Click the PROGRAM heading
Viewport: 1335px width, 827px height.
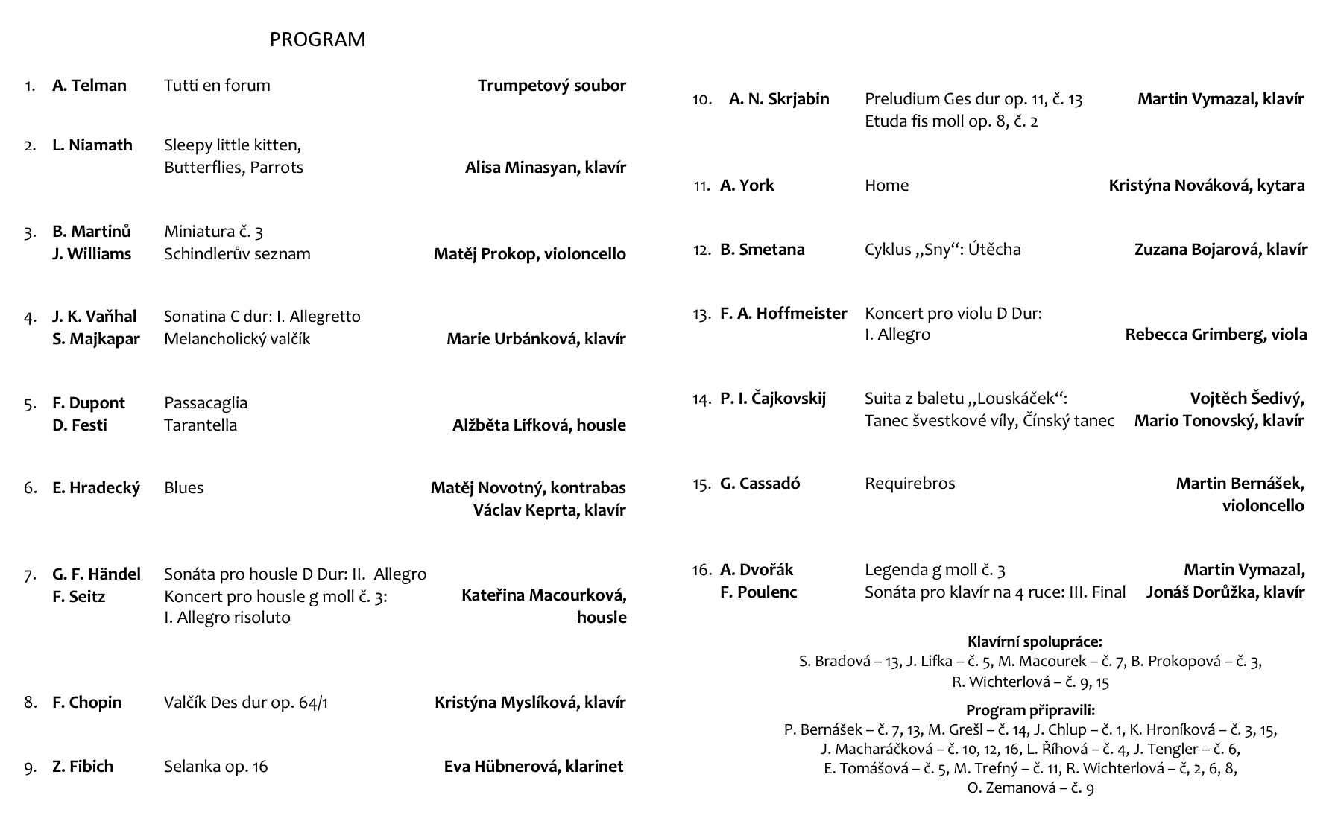click(318, 39)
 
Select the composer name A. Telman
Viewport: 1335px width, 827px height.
click(89, 86)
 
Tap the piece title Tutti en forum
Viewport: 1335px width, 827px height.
click(217, 86)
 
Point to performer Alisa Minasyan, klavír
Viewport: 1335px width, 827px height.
click(545, 168)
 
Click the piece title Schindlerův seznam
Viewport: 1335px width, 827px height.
click(237, 254)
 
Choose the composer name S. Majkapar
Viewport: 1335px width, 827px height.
click(96, 339)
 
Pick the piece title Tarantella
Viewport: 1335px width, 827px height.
click(201, 425)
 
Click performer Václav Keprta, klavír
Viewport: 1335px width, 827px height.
click(549, 510)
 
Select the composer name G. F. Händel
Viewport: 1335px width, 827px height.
click(96, 574)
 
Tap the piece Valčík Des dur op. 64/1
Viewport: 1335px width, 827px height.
click(246, 703)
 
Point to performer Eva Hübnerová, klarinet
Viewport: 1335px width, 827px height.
click(534, 767)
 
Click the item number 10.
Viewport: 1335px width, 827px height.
click(702, 99)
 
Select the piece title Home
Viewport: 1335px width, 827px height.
click(886, 186)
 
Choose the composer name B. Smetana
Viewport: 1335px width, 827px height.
click(762, 250)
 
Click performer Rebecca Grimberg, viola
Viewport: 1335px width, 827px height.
click(1216, 335)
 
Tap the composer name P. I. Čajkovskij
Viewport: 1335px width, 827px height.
click(773, 399)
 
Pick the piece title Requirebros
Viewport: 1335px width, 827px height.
click(909, 484)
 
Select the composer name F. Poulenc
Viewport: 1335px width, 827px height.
click(758, 592)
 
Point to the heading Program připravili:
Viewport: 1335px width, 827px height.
click(1030, 710)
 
